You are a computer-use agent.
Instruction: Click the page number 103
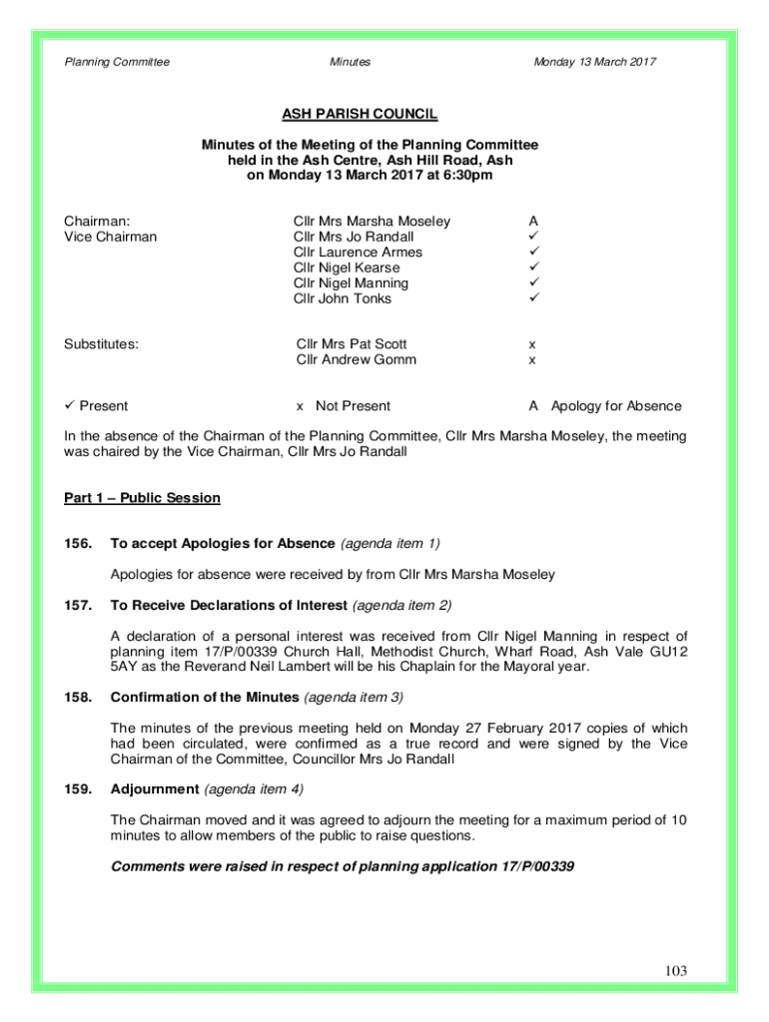tap(674, 971)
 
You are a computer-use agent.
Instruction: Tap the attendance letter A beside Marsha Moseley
tap(534, 221)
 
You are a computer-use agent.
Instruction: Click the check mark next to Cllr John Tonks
tap(534, 298)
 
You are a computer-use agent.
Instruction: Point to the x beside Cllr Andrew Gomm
tap(532, 359)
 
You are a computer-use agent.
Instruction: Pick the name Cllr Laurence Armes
tap(358, 253)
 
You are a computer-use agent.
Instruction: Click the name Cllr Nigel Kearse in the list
tap(347, 267)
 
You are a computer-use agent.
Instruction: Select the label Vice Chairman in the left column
tap(111, 237)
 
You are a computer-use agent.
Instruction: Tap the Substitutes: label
tap(102, 344)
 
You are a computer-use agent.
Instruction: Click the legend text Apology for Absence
tap(616, 406)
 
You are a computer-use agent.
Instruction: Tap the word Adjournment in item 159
tap(155, 789)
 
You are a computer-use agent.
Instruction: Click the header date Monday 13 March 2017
tap(594, 62)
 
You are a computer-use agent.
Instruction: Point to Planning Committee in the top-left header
tap(117, 62)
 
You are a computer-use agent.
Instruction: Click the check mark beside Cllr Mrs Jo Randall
tap(534, 237)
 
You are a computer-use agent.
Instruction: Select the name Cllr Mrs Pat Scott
tap(352, 344)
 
